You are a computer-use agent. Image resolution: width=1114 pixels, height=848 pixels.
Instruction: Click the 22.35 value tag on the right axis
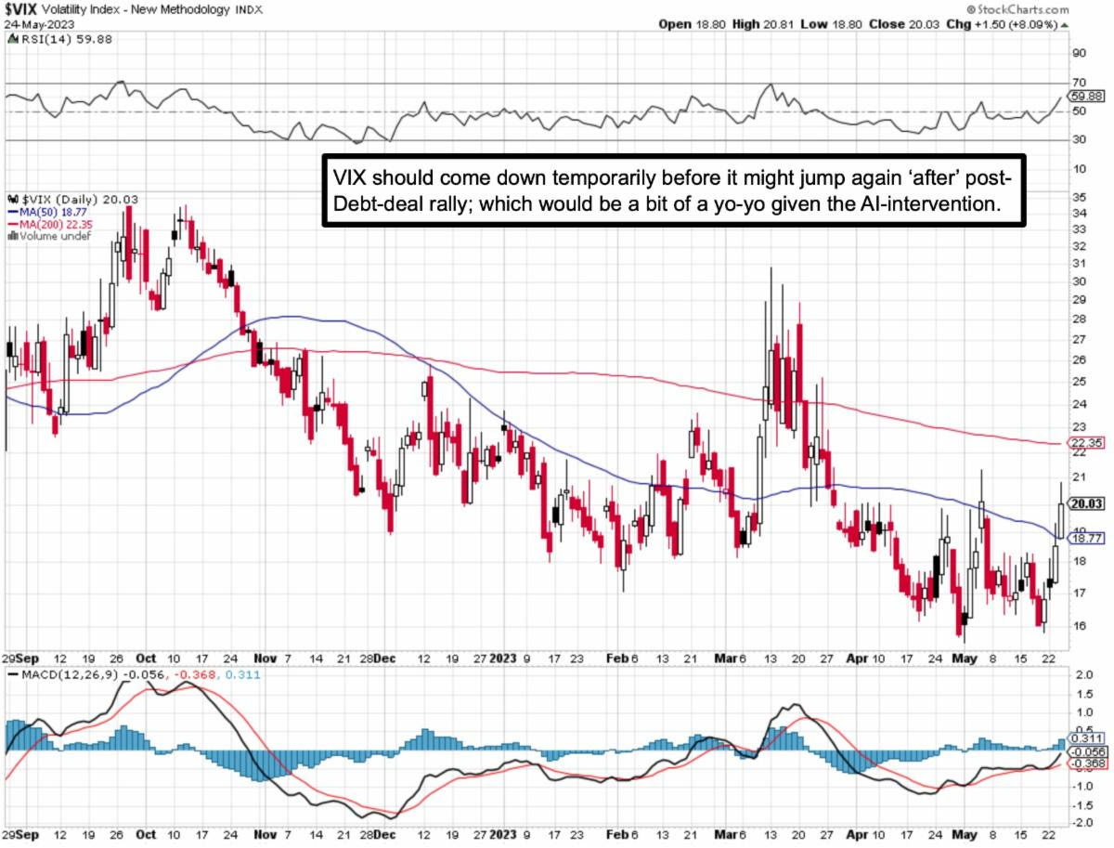(1084, 444)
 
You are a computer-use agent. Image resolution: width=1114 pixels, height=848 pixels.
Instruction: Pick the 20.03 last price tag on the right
(1085, 504)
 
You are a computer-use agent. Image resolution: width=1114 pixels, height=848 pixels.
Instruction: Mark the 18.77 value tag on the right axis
(1085, 538)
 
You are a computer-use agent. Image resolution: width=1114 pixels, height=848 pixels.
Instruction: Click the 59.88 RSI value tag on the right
(1085, 96)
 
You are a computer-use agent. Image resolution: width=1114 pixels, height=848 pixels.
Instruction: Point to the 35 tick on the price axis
(1079, 198)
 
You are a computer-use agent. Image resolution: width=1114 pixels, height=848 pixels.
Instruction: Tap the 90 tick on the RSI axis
(1080, 53)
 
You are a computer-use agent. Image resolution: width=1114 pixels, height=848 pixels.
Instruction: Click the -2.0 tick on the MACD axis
(1082, 823)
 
